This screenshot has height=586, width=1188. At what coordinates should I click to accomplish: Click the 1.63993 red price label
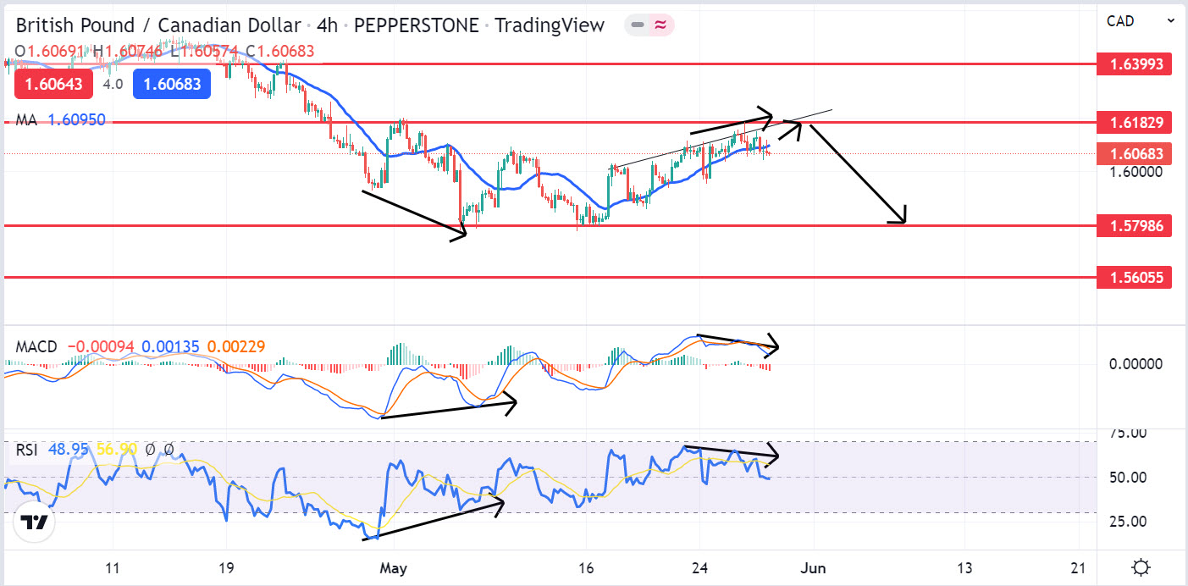(1135, 64)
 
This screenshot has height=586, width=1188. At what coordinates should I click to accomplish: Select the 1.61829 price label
(1135, 123)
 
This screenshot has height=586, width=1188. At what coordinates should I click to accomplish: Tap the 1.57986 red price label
(1135, 225)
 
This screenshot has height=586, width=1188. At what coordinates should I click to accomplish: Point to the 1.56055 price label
(1135, 277)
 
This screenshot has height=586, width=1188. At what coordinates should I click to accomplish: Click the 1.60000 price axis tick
(1135, 172)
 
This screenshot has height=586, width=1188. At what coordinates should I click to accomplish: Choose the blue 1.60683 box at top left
(172, 84)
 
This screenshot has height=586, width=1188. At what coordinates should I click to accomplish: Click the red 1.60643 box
(47, 84)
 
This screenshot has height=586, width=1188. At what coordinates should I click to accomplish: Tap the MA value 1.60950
(76, 120)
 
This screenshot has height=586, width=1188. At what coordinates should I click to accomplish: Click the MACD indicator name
(36, 347)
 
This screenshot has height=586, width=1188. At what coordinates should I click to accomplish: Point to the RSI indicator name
(26, 450)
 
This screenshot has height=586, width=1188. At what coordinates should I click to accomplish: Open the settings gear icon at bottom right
(1141, 567)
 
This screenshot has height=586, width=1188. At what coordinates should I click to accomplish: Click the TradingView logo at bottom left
(35, 522)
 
